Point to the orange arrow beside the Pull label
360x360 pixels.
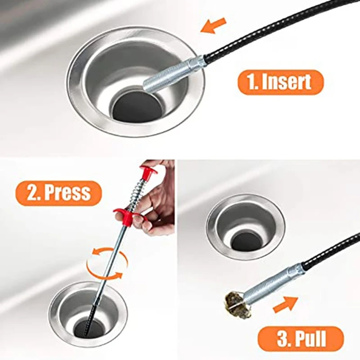coord(285,305)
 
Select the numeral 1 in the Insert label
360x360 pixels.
coord(250,82)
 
